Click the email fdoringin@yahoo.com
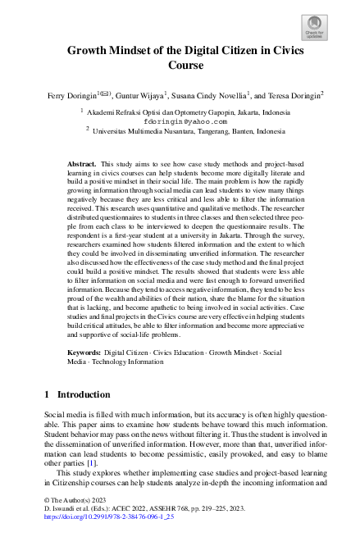[180, 119]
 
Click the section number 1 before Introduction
[48, 394]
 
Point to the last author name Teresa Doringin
[292, 94]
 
